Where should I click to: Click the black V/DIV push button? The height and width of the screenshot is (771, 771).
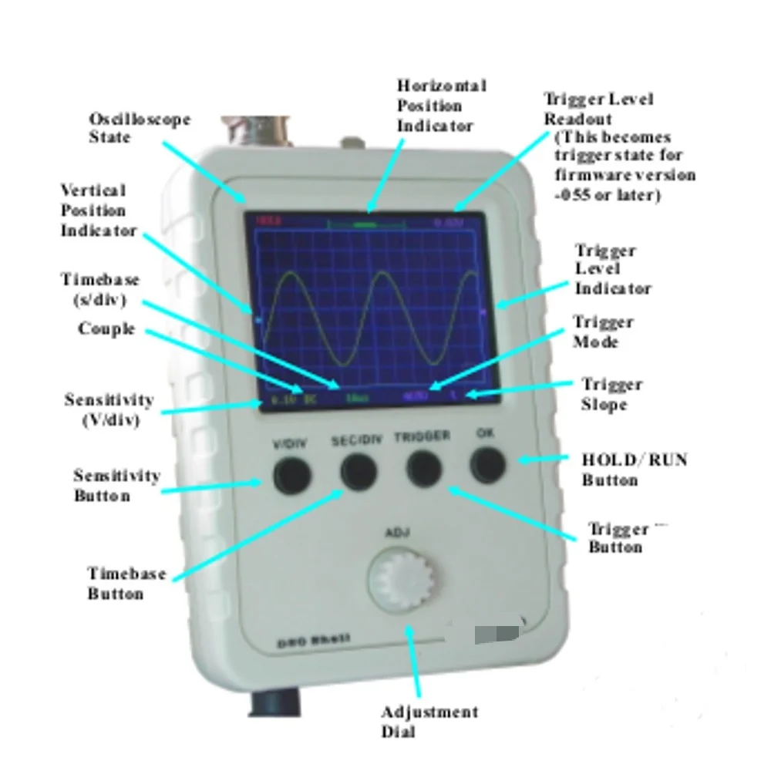click(291, 475)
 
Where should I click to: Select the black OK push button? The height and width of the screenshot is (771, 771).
click(487, 463)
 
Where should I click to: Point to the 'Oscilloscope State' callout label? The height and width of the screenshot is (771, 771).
click(139, 128)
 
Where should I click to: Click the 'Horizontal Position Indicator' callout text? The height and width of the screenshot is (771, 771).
click(441, 105)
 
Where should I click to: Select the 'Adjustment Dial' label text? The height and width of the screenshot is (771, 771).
click(429, 722)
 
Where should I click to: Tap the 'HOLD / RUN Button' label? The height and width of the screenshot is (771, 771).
click(634, 470)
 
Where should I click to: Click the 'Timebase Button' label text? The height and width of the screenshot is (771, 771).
click(126, 584)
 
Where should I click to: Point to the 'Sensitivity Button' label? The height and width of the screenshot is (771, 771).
click(116, 485)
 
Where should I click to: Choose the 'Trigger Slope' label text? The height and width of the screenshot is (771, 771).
click(611, 394)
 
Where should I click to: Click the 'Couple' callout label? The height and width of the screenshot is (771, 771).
click(106, 328)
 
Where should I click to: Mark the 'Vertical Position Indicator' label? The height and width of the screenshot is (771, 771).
click(99, 210)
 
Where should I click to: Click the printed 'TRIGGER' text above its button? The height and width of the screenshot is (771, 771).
click(422, 436)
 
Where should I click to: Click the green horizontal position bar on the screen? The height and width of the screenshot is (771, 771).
click(365, 224)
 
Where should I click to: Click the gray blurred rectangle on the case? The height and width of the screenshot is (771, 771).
click(497, 634)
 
